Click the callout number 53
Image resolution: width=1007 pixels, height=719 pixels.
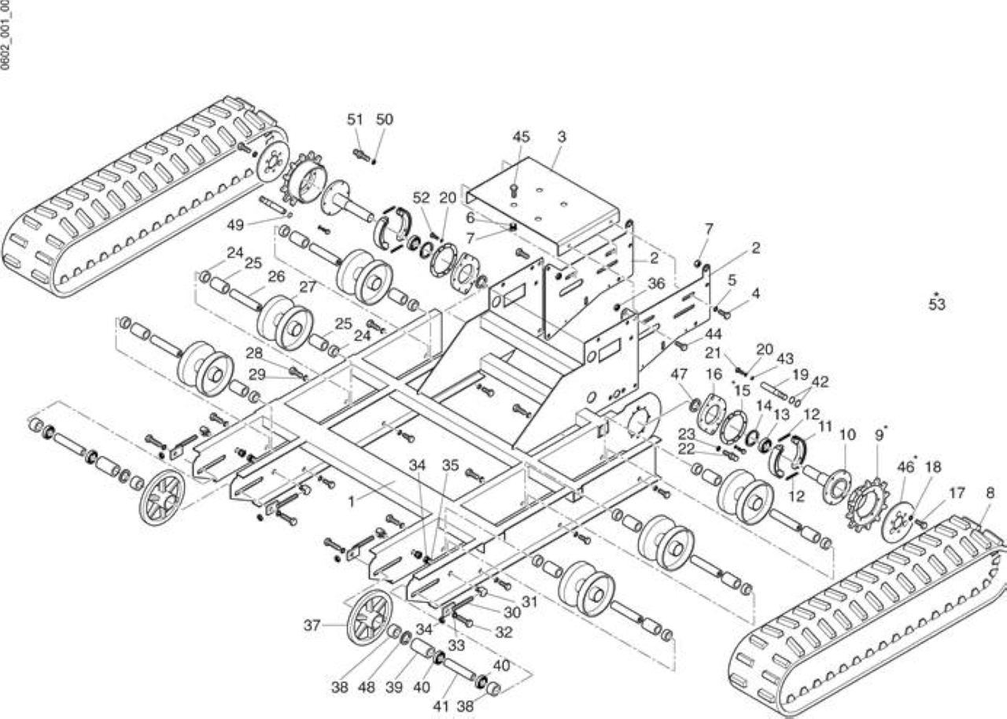(x=937, y=304)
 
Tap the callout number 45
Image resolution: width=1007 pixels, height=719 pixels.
(x=521, y=137)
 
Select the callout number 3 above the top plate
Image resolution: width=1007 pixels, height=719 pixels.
(x=562, y=137)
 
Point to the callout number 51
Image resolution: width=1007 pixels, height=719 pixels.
(x=355, y=120)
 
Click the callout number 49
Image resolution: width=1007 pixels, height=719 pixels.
(x=235, y=225)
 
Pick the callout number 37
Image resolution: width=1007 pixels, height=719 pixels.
(x=312, y=625)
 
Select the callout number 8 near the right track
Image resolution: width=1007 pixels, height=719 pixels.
(x=990, y=493)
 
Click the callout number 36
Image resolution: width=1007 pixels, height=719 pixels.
(x=656, y=283)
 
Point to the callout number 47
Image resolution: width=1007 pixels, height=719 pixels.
(x=679, y=374)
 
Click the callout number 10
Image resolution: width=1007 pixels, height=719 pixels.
(x=847, y=435)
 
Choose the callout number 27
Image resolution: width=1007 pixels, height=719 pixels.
(x=308, y=287)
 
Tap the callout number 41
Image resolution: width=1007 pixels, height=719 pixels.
(x=441, y=706)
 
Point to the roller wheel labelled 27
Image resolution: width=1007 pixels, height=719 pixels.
(x=286, y=323)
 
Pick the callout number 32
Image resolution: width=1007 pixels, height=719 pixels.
(x=503, y=632)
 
